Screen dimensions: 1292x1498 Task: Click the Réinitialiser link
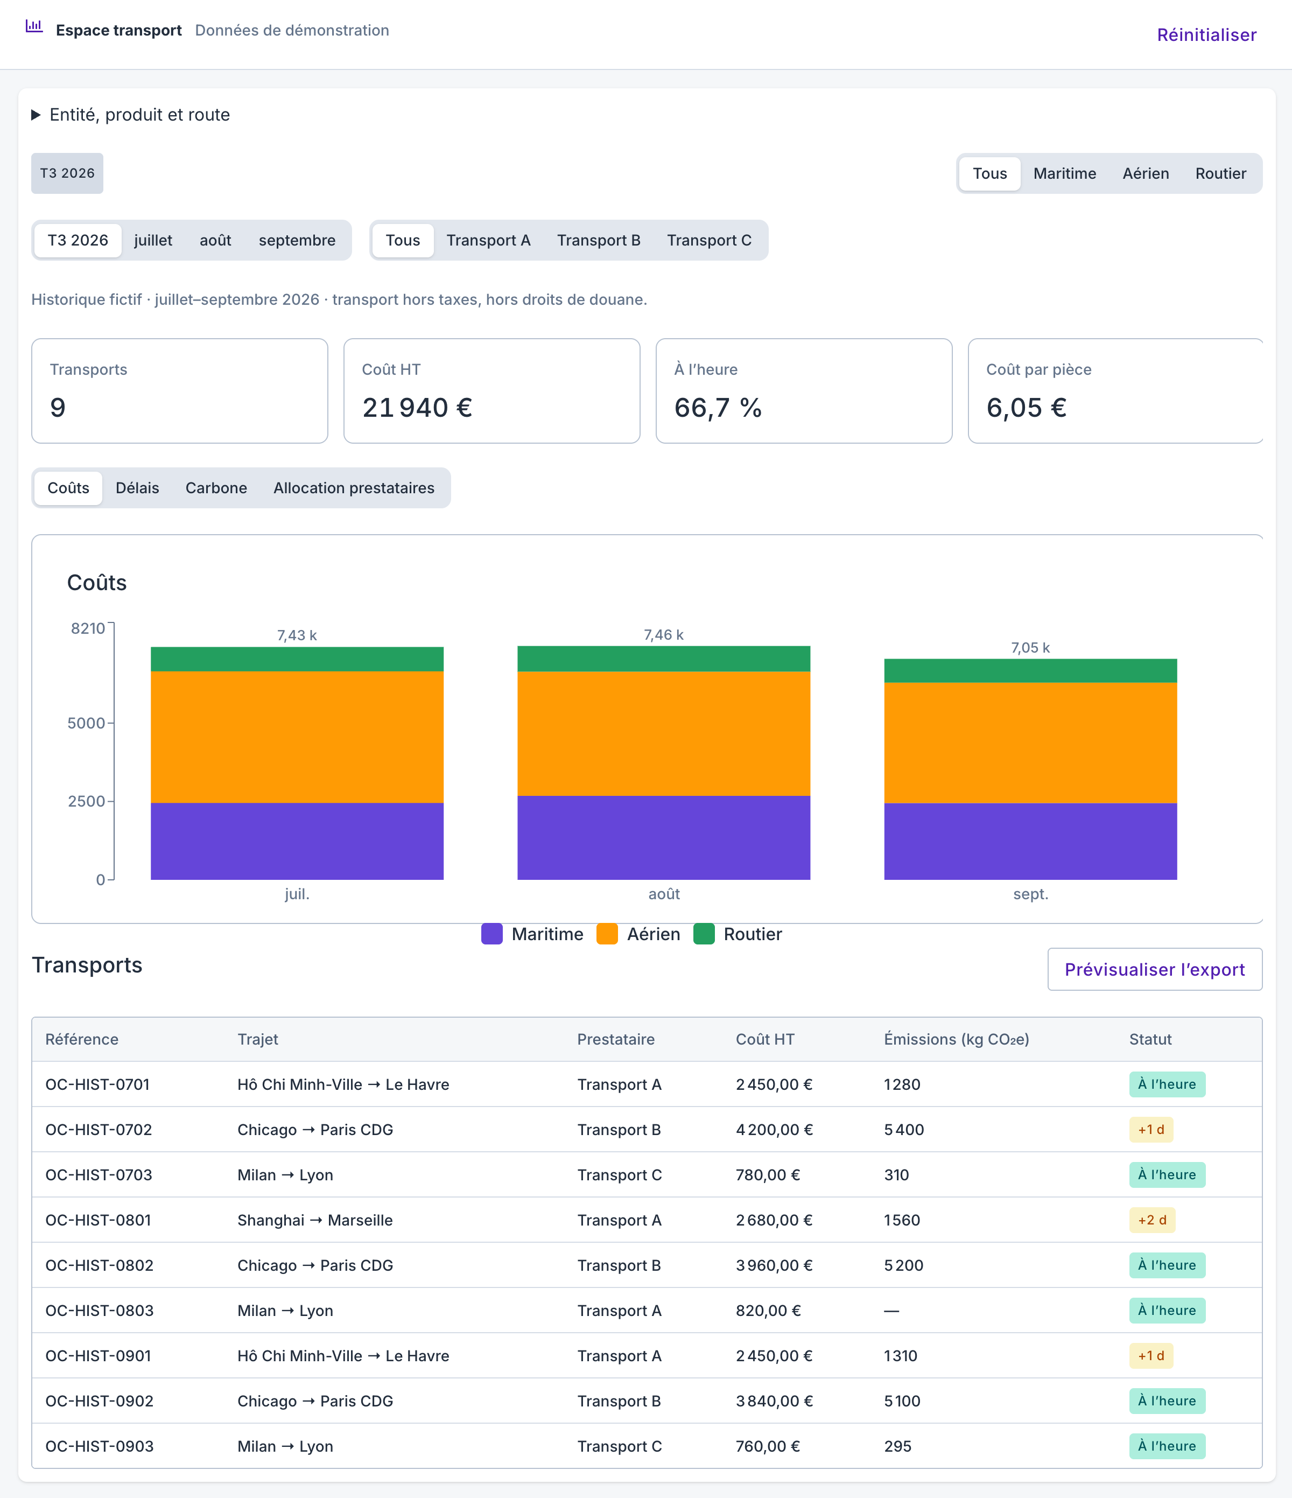click(1206, 34)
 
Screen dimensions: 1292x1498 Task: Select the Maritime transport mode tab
click(1064, 173)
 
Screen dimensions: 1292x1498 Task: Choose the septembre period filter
click(297, 240)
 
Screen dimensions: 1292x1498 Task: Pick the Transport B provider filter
click(599, 240)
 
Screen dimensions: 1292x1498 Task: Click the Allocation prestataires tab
click(354, 488)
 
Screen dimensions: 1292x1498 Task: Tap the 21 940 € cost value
click(417, 408)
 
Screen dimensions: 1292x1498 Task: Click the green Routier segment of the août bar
click(664, 659)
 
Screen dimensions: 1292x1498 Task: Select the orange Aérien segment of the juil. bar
click(297, 737)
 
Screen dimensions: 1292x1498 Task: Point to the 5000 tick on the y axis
click(87, 723)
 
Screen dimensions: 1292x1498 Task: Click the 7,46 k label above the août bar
click(664, 635)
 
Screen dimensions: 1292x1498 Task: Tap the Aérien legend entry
click(638, 934)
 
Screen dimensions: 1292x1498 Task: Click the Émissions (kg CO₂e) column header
click(956, 1039)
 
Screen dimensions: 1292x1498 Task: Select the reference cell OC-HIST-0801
click(99, 1220)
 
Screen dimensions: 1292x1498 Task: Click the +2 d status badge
click(1151, 1220)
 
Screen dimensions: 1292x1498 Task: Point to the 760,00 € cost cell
click(768, 1446)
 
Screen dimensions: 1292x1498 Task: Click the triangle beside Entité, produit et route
click(36, 115)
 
